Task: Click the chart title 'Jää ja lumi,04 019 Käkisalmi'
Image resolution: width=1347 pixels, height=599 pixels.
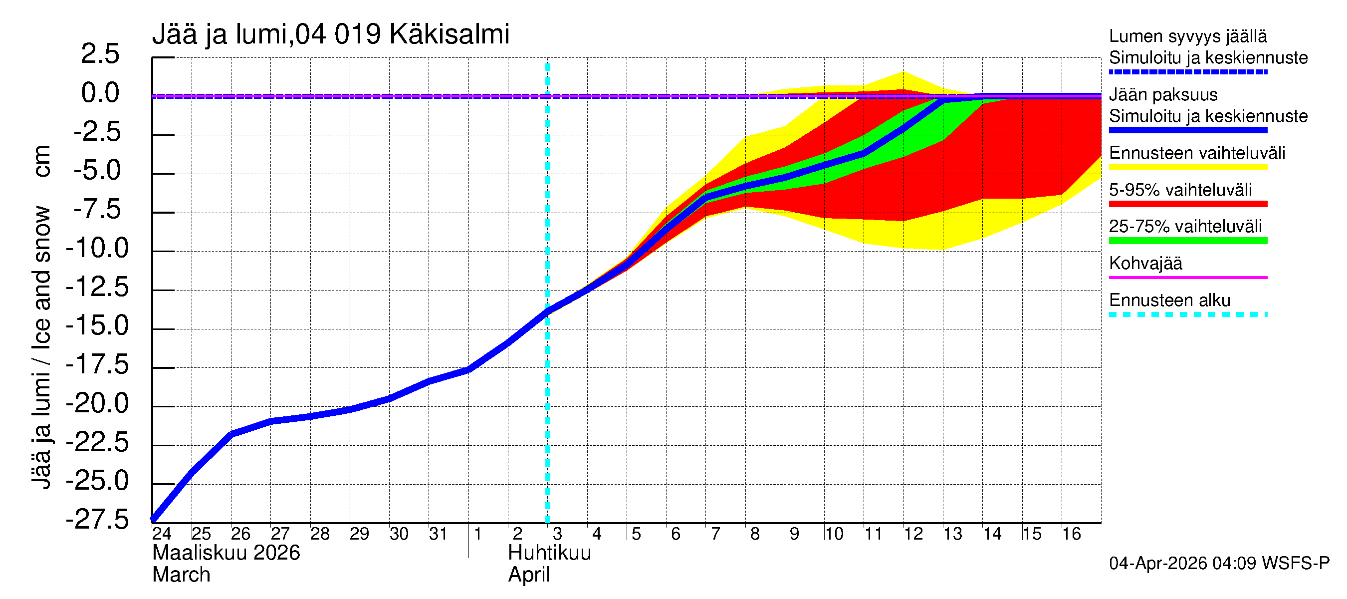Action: tap(330, 34)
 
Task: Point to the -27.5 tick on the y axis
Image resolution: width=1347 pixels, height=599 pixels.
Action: tap(97, 520)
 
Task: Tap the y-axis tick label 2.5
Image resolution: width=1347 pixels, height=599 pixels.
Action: tap(100, 54)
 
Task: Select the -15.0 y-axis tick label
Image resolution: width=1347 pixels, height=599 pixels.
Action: tap(97, 325)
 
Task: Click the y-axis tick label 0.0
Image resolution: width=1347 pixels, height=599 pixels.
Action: tap(100, 93)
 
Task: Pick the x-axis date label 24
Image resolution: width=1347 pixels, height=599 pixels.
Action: tap(162, 534)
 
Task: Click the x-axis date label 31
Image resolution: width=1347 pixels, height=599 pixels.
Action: tap(438, 534)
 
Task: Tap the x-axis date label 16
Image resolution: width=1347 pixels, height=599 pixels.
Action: tap(1072, 534)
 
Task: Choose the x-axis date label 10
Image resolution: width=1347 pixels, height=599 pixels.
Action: tap(834, 534)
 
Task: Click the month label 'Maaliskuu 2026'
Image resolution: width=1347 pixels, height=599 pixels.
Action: tap(226, 553)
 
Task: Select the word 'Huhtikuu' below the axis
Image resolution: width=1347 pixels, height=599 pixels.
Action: tap(549, 553)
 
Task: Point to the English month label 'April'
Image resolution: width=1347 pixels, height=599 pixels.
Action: tap(529, 575)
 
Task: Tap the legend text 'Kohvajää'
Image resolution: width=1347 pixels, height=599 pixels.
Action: tap(1145, 263)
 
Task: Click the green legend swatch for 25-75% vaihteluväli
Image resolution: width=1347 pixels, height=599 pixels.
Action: tap(1187, 241)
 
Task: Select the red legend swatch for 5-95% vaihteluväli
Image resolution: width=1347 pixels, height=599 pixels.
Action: tap(1187, 204)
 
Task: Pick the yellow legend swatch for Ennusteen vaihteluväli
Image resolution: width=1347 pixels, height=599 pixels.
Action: tap(1187, 167)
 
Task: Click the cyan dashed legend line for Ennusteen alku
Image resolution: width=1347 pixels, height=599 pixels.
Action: tap(1187, 314)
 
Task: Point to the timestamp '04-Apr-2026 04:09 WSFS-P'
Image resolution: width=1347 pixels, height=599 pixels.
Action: tap(1219, 564)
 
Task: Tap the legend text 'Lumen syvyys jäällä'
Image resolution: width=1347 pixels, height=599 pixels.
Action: tap(1187, 36)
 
